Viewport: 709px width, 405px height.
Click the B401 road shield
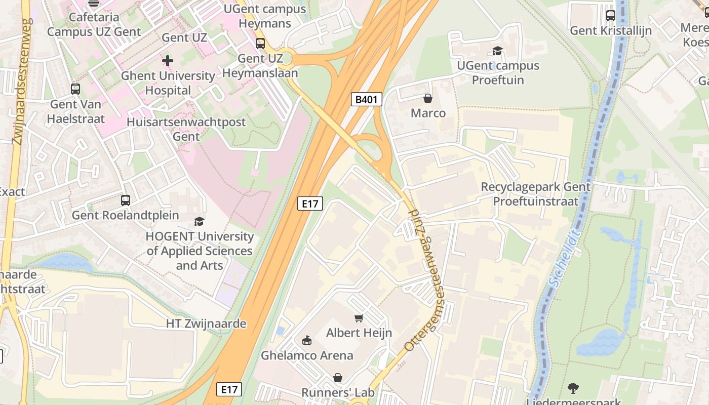(x=366, y=99)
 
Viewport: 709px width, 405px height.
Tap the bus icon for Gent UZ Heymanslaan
(x=260, y=44)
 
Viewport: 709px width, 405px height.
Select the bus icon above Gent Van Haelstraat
(x=75, y=89)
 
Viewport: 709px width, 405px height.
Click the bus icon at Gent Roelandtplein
(x=126, y=200)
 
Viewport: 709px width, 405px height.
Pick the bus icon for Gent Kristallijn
(x=611, y=16)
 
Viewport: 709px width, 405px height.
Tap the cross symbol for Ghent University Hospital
(x=167, y=61)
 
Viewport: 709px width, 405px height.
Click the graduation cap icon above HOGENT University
(x=200, y=222)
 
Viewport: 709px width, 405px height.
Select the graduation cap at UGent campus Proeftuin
(x=497, y=51)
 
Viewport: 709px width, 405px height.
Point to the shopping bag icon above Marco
(x=428, y=98)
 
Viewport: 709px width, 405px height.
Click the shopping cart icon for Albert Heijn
(x=359, y=318)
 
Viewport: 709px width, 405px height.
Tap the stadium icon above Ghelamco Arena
(x=307, y=341)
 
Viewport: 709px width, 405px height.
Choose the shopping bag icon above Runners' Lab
(x=338, y=378)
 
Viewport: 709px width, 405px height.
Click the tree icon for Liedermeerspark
(x=573, y=388)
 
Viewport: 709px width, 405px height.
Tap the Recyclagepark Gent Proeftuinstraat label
(x=535, y=194)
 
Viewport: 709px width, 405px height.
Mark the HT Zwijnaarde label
(x=206, y=323)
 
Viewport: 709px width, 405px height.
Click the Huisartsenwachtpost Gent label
(x=186, y=129)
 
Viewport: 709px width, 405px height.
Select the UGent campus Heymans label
(x=265, y=16)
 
